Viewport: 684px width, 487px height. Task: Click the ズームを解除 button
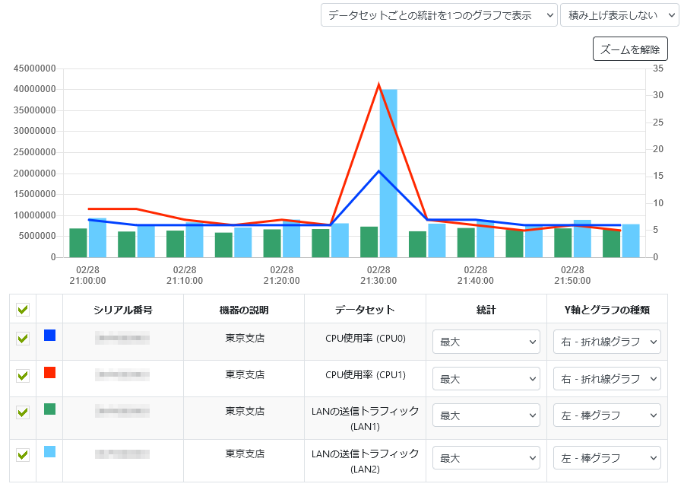pos(629,49)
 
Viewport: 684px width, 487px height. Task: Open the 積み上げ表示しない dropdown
pos(619,15)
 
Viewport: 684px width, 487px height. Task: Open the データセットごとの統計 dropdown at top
pos(439,15)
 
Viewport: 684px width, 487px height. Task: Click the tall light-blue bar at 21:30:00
pos(388,173)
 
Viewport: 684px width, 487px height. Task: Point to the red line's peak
pos(378,84)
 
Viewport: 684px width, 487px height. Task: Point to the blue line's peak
pos(378,171)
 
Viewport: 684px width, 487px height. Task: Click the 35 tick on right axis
pos(658,68)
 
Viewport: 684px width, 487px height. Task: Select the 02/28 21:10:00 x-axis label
pos(185,275)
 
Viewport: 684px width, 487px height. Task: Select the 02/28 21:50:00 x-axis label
pos(572,275)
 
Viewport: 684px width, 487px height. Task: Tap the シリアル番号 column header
pos(122,310)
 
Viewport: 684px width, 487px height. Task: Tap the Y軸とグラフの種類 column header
pos(606,310)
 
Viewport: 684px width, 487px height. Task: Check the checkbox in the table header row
pos(23,310)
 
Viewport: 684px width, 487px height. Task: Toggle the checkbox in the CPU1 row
pos(23,375)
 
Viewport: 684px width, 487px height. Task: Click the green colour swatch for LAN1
pos(49,409)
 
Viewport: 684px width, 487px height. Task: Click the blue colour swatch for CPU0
pos(49,336)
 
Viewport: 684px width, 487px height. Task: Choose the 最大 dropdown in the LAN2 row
pos(486,458)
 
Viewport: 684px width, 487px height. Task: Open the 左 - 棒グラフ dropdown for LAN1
pos(606,415)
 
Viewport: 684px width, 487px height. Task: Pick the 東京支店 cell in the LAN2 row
pos(245,454)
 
